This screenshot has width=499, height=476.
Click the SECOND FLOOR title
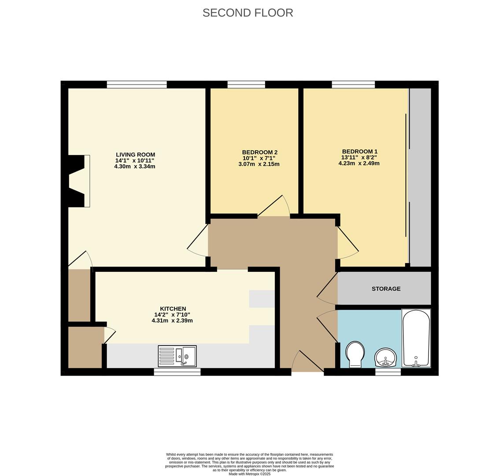[x=248, y=13]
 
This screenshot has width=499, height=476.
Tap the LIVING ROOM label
[x=135, y=155]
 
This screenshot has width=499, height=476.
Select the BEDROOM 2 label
[x=259, y=152]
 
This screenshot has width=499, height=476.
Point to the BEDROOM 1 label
[x=359, y=152]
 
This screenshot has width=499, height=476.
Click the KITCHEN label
[x=173, y=309]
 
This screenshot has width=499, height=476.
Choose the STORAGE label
[x=386, y=289]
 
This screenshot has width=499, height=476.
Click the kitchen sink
[x=177, y=356]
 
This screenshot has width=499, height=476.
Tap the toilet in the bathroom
[x=355, y=354]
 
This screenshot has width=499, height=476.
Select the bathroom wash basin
[x=385, y=357]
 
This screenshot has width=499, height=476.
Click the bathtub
[x=416, y=338]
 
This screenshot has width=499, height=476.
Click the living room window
[x=137, y=85]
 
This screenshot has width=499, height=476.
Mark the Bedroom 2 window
[x=246, y=85]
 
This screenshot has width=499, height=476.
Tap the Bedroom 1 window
[x=353, y=85]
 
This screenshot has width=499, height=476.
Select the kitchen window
[x=177, y=372]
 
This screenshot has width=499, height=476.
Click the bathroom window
[x=388, y=372]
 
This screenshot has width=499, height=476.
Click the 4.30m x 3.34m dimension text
[x=135, y=167]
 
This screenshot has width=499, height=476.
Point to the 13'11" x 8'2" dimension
[x=359, y=157]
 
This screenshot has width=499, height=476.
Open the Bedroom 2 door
[x=274, y=207]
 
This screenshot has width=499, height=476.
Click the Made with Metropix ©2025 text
[x=249, y=474]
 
